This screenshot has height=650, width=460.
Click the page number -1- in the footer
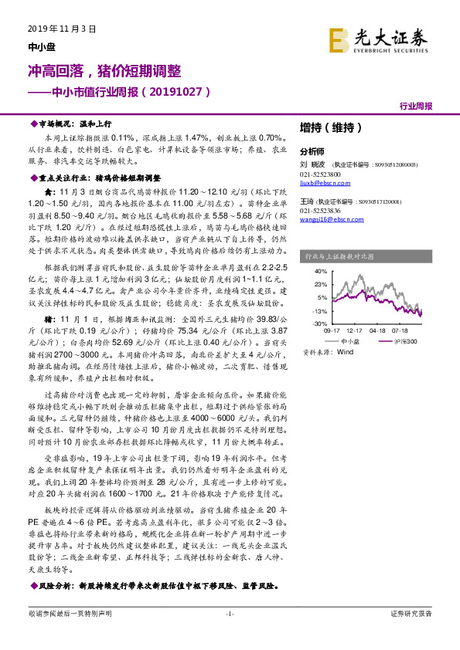click(229, 635)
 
